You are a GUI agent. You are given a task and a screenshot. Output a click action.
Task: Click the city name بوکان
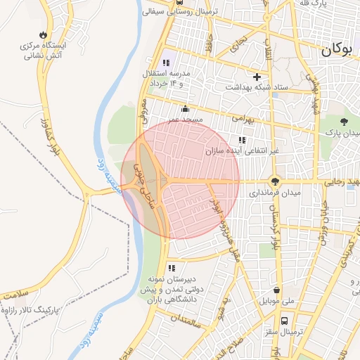tap(340, 50)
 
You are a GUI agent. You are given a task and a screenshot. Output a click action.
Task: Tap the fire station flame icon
tap(44, 34)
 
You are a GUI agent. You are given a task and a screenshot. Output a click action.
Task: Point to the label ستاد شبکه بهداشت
tap(257, 87)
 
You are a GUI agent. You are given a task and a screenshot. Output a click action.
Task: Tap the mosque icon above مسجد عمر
tap(185, 109)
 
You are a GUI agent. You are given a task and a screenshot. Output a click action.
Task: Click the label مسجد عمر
tap(185, 120)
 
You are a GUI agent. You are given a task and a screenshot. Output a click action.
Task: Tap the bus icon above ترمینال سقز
tap(283, 320)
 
